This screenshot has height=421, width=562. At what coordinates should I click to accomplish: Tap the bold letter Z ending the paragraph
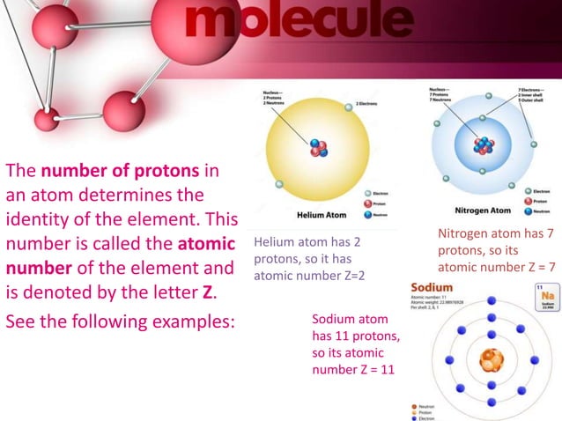point(209,291)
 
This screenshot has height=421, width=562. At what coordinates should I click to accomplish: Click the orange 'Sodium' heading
point(432,287)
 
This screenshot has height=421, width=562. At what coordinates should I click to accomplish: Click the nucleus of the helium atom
point(319,150)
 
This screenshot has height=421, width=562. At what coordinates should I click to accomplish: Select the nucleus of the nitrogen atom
point(484,146)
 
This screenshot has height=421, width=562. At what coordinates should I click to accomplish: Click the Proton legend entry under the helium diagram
point(378,203)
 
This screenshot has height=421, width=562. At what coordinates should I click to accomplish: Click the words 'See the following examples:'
point(121,321)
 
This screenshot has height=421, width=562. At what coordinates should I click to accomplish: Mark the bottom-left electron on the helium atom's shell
point(279,184)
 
